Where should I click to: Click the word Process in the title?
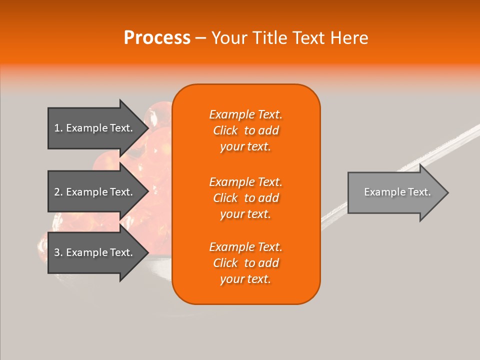157,37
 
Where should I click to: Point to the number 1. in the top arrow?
58,128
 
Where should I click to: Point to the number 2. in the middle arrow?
58,192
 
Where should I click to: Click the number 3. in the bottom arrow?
58,252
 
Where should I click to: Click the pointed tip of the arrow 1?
146,128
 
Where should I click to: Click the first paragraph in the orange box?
245,130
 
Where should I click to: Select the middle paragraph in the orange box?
245,197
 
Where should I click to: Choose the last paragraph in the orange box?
245,263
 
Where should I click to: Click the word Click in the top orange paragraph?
225,130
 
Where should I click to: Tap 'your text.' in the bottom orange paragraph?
245,279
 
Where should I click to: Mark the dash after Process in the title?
201,38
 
